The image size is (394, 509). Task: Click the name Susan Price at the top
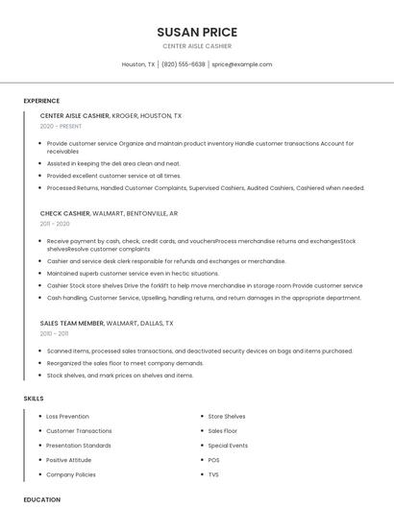(x=197, y=32)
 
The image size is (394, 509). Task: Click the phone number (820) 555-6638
(x=184, y=64)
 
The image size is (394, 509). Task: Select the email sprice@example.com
(x=242, y=64)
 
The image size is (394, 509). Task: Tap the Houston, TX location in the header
(x=138, y=64)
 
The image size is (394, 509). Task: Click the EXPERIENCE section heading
(x=41, y=101)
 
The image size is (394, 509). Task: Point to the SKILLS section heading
(x=34, y=398)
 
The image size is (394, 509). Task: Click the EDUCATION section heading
(x=42, y=499)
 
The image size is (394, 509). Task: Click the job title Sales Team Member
(x=72, y=324)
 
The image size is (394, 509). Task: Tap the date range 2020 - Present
(x=61, y=126)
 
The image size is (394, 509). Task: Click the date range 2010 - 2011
(x=54, y=334)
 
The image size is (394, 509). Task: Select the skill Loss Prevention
(x=67, y=417)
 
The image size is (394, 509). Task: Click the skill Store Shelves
(x=227, y=417)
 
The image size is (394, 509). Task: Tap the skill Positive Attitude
(x=68, y=460)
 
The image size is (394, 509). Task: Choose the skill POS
(x=213, y=460)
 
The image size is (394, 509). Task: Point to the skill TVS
(x=213, y=474)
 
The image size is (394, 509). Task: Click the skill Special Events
(x=228, y=446)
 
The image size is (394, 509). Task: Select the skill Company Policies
(x=71, y=474)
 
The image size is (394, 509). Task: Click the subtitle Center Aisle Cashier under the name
(x=197, y=46)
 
